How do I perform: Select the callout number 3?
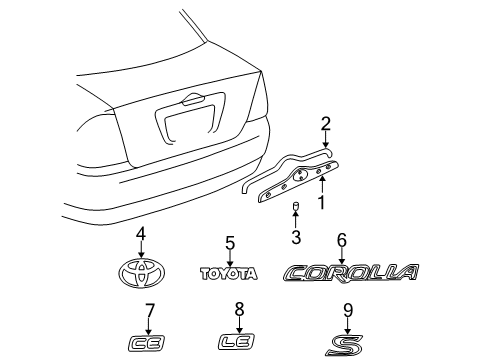[296, 236]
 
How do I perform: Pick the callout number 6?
[341, 240]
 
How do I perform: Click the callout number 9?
[348, 310]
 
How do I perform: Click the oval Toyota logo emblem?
[141, 272]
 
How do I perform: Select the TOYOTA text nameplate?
[228, 273]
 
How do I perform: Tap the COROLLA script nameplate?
[350, 272]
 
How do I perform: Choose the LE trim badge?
[238, 343]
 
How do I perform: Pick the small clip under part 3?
[296, 209]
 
